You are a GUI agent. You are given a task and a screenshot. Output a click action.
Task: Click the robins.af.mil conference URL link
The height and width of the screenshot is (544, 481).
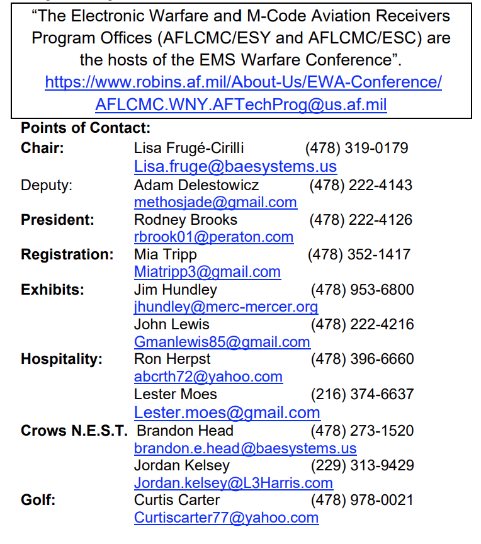243,82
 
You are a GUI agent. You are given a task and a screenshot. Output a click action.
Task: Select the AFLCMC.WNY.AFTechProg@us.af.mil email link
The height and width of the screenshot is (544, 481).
241,105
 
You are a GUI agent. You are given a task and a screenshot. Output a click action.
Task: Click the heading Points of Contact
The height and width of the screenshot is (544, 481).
86,128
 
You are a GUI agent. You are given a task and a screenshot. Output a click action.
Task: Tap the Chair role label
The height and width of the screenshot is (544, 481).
42,149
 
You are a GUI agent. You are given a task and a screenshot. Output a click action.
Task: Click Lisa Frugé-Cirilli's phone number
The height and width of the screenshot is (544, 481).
356,149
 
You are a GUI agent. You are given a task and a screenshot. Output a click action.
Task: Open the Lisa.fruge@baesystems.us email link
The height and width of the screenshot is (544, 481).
235,166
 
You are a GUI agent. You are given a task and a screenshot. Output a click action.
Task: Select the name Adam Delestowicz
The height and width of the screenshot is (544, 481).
196,185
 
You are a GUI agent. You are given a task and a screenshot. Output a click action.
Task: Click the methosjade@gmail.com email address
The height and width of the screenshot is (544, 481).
215,202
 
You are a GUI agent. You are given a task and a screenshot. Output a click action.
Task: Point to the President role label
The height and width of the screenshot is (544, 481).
57,220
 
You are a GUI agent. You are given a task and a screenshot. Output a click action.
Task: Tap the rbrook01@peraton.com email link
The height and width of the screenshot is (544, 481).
213,237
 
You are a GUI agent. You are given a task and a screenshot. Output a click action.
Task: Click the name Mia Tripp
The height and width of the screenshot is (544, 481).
166,254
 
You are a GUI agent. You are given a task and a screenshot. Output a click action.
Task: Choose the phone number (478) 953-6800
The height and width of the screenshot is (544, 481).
362,290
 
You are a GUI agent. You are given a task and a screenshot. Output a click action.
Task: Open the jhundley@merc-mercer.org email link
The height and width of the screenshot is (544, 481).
226,307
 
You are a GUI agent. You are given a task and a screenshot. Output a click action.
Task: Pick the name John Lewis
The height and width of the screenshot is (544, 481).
172,324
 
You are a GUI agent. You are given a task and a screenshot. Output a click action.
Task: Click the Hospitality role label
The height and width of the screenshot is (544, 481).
62,359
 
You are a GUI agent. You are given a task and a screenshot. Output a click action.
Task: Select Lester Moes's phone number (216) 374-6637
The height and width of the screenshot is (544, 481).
362,394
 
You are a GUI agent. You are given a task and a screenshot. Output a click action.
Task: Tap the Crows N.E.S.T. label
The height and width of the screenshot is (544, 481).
74,431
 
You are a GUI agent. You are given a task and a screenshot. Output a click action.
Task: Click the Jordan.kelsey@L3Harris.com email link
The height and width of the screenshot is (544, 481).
234,483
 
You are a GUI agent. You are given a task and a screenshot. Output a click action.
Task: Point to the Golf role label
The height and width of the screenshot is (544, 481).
38,500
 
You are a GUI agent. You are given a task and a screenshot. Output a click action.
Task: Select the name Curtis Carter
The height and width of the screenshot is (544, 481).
177,500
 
